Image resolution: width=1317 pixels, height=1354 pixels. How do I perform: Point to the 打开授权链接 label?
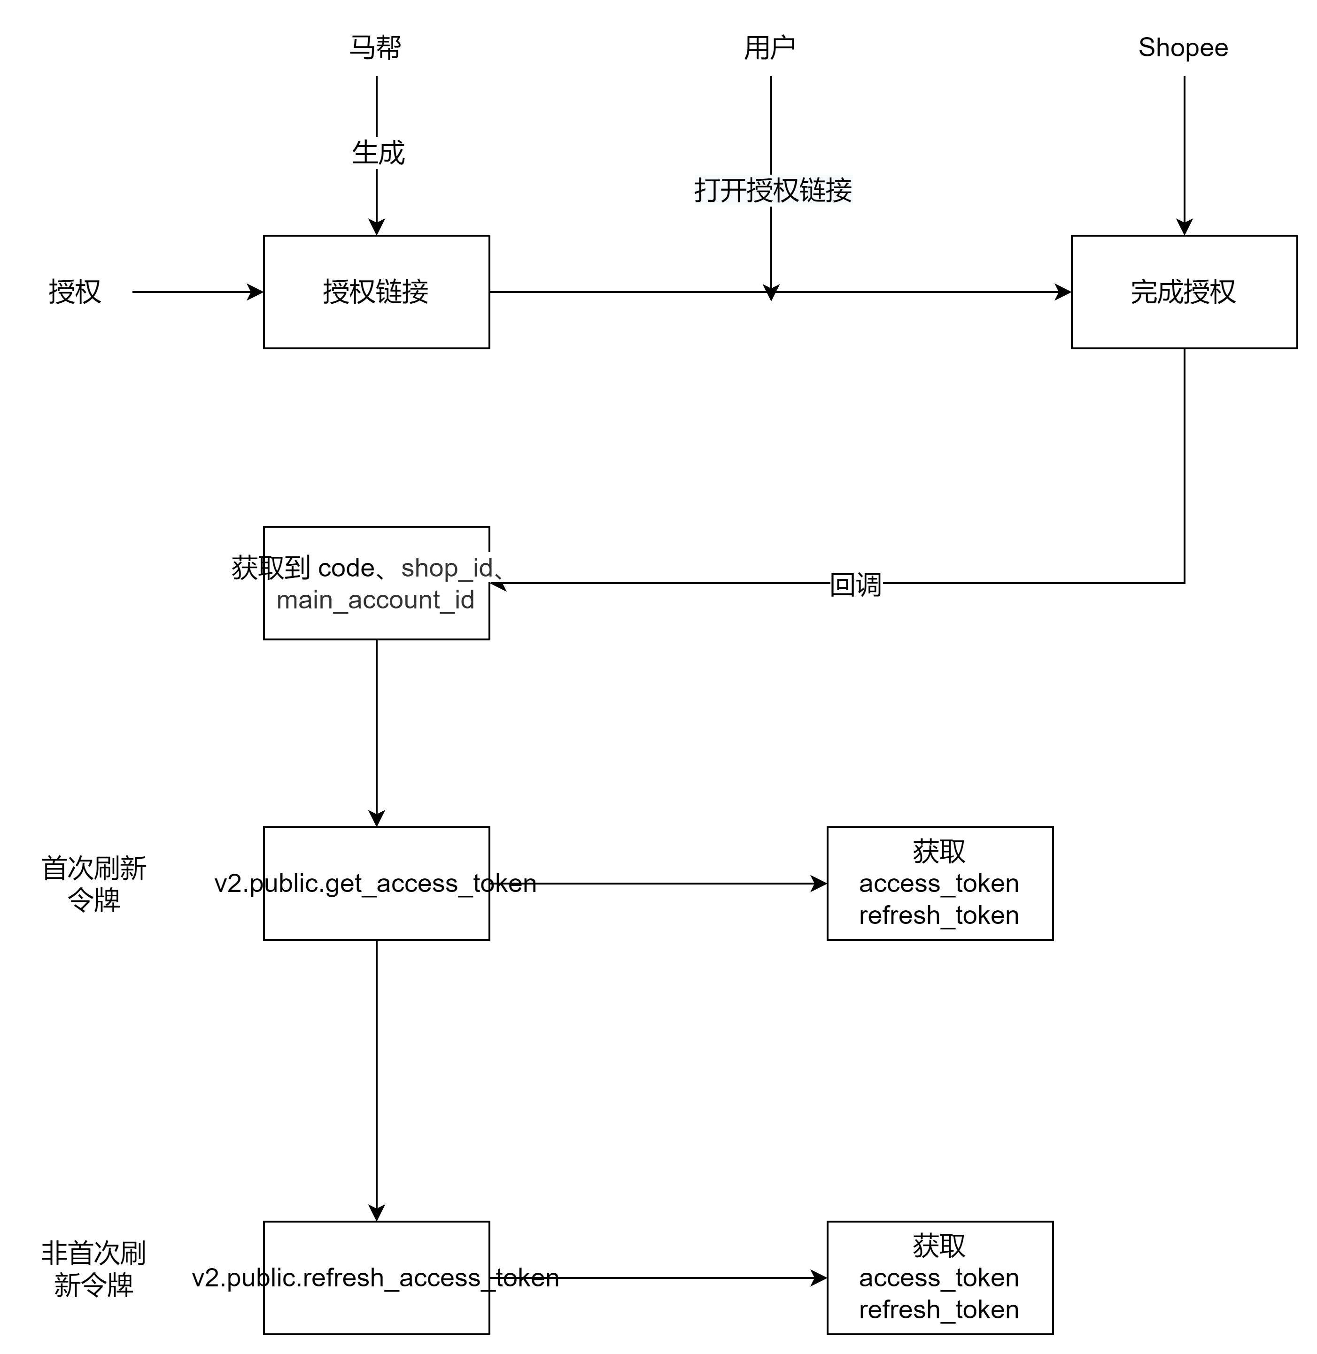coord(773,190)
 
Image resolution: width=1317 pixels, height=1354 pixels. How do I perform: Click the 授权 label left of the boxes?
coord(75,292)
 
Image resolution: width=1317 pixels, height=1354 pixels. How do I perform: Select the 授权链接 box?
coord(376,292)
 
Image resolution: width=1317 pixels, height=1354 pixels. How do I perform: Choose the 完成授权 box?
coord(1184,292)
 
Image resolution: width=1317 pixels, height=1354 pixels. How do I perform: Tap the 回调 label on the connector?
coord(856,585)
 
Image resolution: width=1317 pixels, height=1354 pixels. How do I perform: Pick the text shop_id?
coord(447,568)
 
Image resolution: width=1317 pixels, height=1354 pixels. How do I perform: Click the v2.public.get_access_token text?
coord(376,884)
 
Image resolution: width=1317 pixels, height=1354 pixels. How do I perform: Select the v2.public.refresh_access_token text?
coord(376,1278)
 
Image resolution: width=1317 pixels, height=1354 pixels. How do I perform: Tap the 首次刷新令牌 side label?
coord(94,884)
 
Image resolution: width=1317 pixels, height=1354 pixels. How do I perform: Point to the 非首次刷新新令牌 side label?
coord(94,1269)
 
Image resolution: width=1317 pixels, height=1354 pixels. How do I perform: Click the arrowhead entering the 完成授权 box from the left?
coord(1063,292)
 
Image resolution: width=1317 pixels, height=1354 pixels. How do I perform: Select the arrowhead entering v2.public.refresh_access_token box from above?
coord(376,1213)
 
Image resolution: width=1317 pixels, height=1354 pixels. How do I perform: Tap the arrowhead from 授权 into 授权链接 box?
coord(255,292)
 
